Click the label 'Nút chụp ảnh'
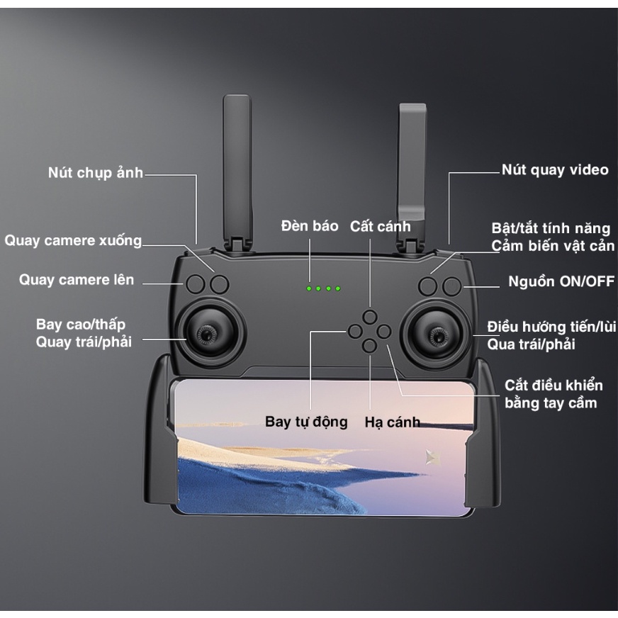(96, 173)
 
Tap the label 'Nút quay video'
(555, 170)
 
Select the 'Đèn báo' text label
(310, 226)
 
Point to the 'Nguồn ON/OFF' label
(561, 281)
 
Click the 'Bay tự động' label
(307, 422)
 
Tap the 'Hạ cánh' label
(392, 422)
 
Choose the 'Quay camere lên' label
(77, 280)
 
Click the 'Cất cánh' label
(381, 227)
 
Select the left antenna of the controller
(237, 170)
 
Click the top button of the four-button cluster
(369, 316)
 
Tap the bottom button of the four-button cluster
(369, 345)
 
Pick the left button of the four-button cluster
(354, 330)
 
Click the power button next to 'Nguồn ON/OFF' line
(451, 286)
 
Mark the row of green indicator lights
(324, 288)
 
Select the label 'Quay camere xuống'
(74, 240)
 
